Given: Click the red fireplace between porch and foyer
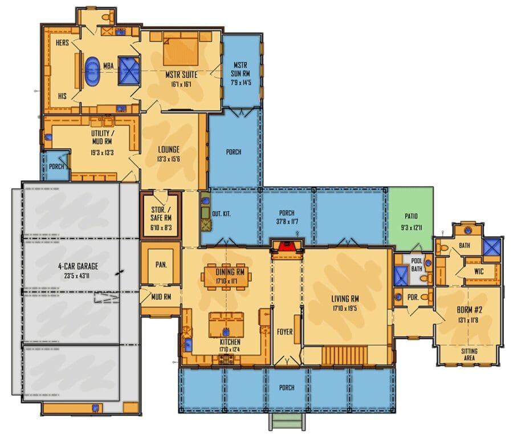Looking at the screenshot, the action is click(x=287, y=246).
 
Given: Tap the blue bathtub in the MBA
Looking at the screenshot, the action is click(x=92, y=72).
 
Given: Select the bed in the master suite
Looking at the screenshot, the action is click(x=181, y=51).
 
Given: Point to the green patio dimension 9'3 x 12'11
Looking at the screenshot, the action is click(x=411, y=227).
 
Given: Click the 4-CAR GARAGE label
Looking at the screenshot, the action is click(x=78, y=266).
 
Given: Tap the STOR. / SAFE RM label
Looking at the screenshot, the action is click(x=161, y=214).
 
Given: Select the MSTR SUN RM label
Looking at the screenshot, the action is click(x=241, y=70).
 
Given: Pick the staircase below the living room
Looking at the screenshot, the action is click(x=345, y=356).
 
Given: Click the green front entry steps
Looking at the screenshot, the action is click(x=287, y=421).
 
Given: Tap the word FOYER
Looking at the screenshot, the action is click(x=284, y=332).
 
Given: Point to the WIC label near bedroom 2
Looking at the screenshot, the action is click(x=479, y=271).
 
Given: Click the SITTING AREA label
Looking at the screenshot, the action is click(x=469, y=355).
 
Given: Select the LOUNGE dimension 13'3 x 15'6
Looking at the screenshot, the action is click(x=169, y=159).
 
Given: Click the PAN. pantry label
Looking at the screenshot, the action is click(x=161, y=265).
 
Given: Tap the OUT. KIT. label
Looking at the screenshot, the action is click(x=221, y=214).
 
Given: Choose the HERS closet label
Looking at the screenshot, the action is click(x=62, y=43).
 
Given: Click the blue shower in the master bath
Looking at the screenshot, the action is click(x=129, y=71).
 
